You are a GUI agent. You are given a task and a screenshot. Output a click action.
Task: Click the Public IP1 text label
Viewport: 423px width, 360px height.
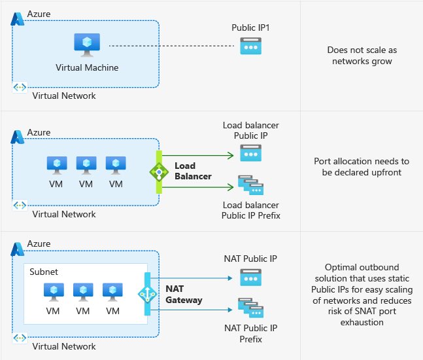(x=250, y=28)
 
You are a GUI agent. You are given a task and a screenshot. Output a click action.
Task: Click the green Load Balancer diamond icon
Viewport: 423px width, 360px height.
(x=158, y=171)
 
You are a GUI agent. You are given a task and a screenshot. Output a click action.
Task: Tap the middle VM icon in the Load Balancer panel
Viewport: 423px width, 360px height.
(x=86, y=164)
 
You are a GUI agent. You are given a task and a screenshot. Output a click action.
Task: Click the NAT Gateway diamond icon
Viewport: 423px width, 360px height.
(x=148, y=295)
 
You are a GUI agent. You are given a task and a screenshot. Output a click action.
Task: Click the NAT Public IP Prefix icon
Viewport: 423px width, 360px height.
(x=250, y=310)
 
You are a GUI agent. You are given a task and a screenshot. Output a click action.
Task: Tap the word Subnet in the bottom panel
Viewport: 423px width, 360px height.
(x=44, y=270)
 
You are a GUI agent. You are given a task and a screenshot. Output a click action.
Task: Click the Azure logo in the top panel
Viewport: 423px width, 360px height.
(x=18, y=18)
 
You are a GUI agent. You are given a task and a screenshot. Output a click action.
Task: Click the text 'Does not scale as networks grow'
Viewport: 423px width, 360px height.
(x=362, y=55)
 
